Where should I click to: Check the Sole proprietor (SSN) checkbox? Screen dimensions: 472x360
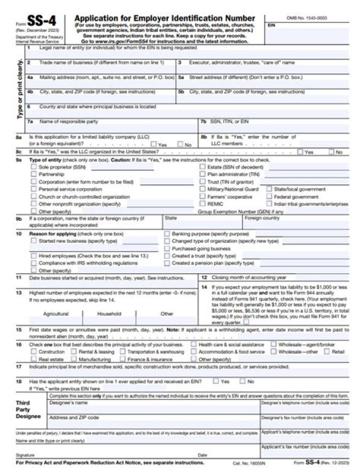[x=34, y=167]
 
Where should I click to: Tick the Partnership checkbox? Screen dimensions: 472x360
[x=34, y=175]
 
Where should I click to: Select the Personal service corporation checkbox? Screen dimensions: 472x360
[x=34, y=189]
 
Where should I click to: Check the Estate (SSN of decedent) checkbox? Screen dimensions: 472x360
[x=202, y=167]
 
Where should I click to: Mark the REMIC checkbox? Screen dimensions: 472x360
[x=202, y=204]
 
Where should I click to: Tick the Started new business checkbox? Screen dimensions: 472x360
[x=34, y=241]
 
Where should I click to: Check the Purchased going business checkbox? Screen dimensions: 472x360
[x=167, y=248]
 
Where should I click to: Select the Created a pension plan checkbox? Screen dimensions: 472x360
[x=167, y=263]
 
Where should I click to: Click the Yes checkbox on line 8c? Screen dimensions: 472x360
[x=300, y=152]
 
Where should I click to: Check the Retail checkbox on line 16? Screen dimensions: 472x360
[x=326, y=352]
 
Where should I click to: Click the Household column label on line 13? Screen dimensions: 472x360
[x=109, y=314]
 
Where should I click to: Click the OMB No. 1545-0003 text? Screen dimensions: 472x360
[x=306, y=17]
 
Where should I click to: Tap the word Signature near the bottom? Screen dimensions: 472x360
[x=25, y=455]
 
